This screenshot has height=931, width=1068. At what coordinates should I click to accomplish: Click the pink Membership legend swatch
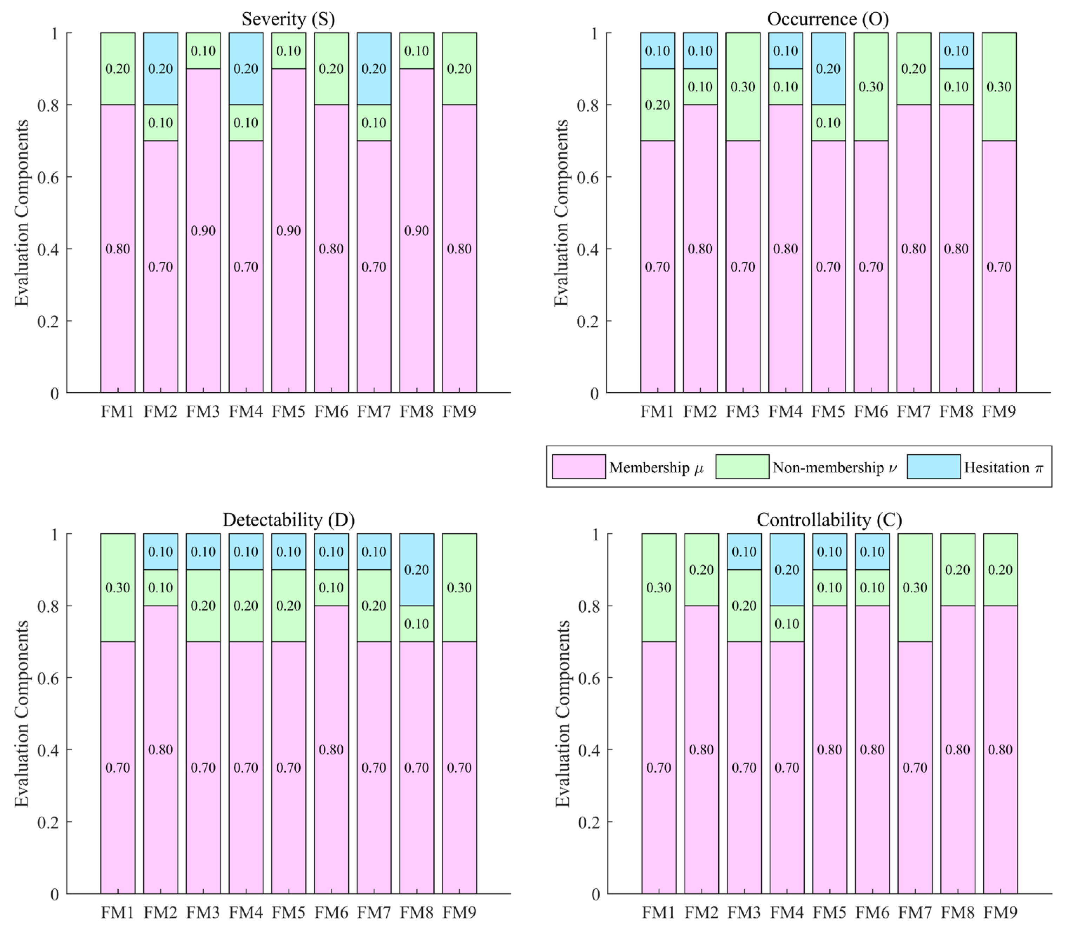(x=579, y=466)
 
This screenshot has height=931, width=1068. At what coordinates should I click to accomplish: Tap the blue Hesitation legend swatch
(x=934, y=466)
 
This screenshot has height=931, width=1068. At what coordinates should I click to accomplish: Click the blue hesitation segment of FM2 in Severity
(x=160, y=68)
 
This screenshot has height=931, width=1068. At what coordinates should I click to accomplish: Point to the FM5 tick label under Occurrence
(x=828, y=412)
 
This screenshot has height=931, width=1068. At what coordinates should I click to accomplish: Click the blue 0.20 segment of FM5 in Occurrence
(x=828, y=68)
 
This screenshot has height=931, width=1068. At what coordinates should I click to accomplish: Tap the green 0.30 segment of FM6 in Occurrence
(x=870, y=87)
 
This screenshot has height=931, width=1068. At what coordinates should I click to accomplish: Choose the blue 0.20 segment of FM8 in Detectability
(x=416, y=570)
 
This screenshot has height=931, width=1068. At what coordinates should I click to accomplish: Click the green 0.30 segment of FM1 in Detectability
(x=118, y=587)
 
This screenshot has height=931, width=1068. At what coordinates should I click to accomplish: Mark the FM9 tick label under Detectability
(x=459, y=912)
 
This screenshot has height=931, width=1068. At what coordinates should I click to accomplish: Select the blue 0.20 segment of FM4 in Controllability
(x=787, y=570)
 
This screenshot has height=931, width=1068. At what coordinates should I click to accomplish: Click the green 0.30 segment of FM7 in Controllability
(x=915, y=587)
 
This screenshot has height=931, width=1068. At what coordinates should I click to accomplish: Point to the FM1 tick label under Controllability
(x=659, y=912)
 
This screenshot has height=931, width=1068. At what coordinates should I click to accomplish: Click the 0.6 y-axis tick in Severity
(x=47, y=177)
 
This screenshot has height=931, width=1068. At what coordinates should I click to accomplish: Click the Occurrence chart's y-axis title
(x=561, y=213)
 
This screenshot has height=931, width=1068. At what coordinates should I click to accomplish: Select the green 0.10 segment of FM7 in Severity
(x=374, y=122)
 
